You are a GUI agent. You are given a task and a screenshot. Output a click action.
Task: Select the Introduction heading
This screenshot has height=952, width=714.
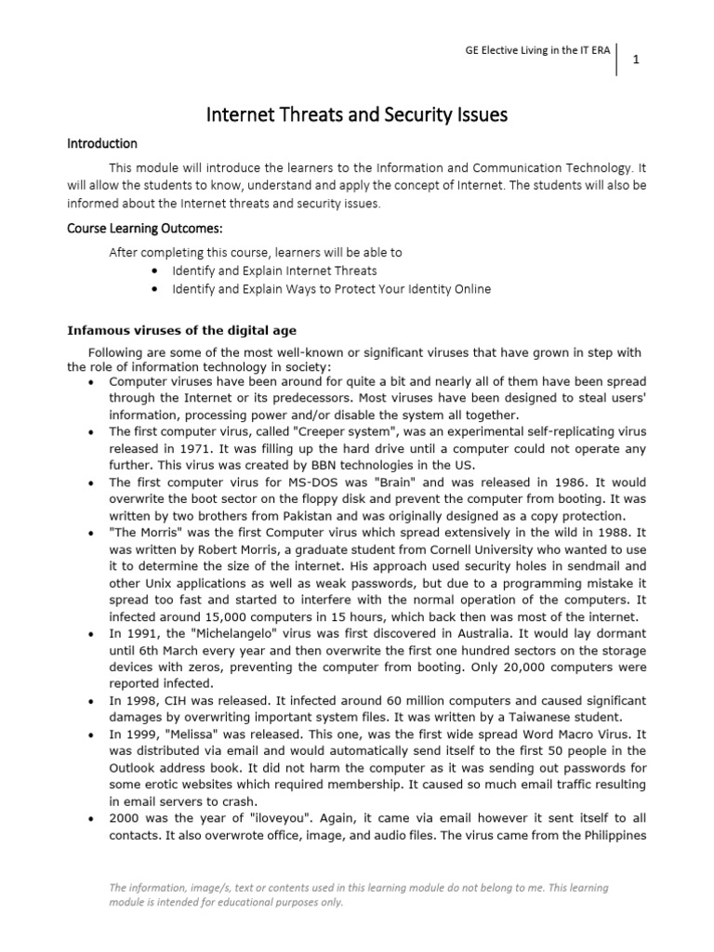(101, 144)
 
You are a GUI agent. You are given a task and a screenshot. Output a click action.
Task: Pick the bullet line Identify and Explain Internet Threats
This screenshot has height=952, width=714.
(274, 271)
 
